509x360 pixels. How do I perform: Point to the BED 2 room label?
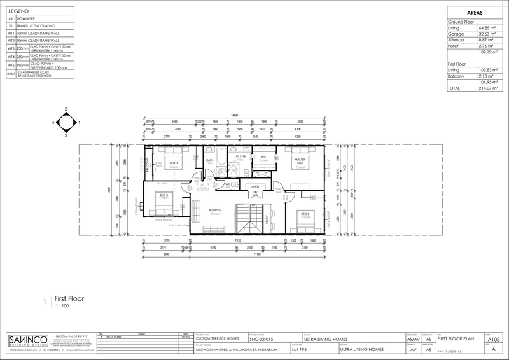[305, 214]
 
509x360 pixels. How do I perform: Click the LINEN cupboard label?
[254, 186]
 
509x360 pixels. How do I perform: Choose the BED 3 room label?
[164, 195]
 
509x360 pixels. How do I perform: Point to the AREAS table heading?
[474, 11]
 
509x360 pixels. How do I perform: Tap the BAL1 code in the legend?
[10, 74]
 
